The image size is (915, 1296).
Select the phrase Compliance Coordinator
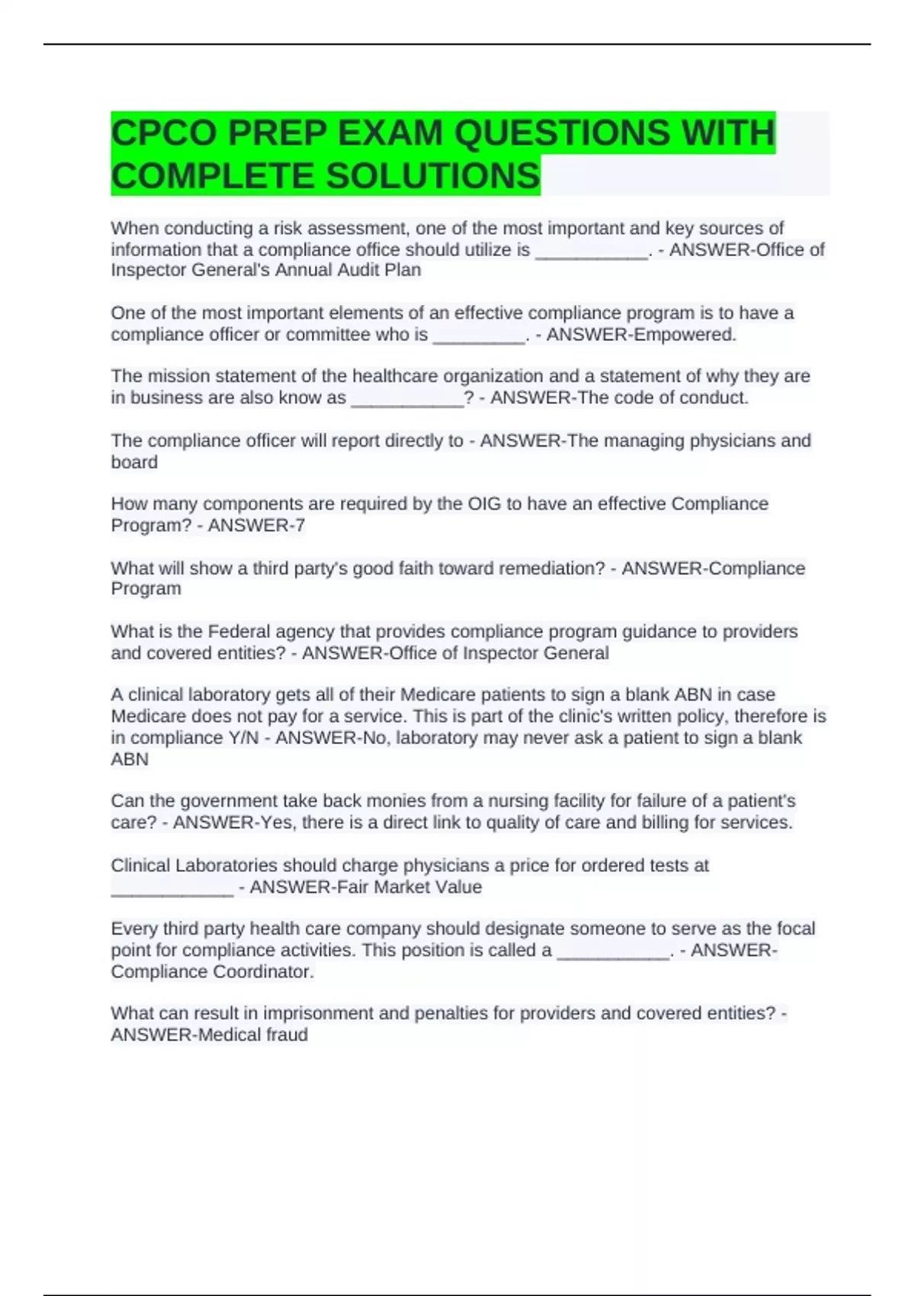[x=211, y=972]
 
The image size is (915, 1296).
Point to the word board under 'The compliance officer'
[x=134, y=462]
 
